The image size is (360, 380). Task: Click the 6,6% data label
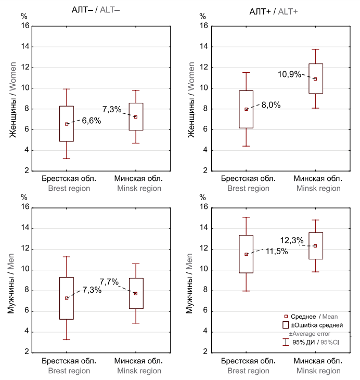91,121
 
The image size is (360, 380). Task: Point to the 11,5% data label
277,251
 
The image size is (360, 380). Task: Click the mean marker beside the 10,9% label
315,79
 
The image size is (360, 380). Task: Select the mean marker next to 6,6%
67,124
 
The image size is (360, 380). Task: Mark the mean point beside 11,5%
246,254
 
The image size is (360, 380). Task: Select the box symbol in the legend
285,325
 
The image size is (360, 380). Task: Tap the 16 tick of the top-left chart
25,25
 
